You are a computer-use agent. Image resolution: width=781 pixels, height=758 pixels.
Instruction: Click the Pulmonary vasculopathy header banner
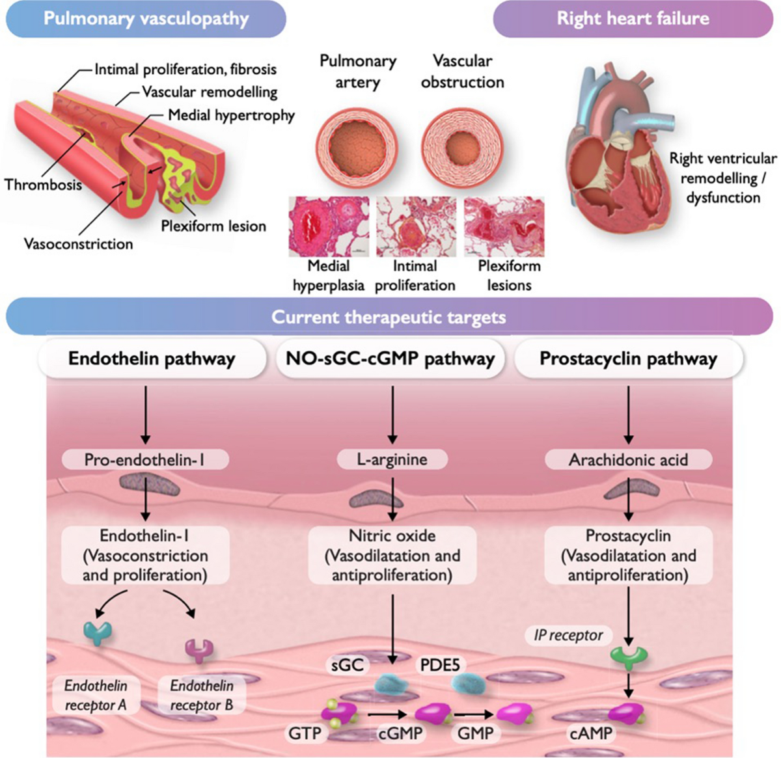pos(146,18)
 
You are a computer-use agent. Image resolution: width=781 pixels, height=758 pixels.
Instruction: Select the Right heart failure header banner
pos(633,18)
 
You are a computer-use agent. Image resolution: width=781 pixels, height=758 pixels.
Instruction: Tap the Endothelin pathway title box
pos(152,359)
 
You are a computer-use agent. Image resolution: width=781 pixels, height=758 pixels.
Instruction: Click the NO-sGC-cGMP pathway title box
pos(390,359)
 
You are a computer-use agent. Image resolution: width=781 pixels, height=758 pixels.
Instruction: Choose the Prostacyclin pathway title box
pos(628,359)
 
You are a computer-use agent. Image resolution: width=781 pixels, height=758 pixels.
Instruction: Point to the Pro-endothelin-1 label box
pos(144,460)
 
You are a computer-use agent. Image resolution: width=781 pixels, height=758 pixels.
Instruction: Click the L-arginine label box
pos(392,459)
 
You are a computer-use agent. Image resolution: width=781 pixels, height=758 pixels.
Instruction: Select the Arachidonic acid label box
pos(628,460)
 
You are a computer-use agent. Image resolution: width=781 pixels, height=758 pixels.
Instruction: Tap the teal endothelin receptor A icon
pos(98,632)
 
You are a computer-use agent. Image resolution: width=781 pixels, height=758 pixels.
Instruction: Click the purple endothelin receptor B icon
pos(200,649)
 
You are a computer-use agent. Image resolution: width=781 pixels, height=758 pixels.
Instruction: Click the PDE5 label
pos(441,665)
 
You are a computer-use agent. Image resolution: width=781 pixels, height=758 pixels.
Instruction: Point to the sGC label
pos(348,665)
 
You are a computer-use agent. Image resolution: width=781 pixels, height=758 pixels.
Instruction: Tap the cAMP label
pos(591,733)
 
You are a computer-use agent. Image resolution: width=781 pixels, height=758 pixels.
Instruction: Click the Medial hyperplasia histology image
pos(329,226)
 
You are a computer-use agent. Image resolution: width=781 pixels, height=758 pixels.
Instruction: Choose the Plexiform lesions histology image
pos(504,226)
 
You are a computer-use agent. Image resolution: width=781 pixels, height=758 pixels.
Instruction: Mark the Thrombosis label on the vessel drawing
pos(43,185)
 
